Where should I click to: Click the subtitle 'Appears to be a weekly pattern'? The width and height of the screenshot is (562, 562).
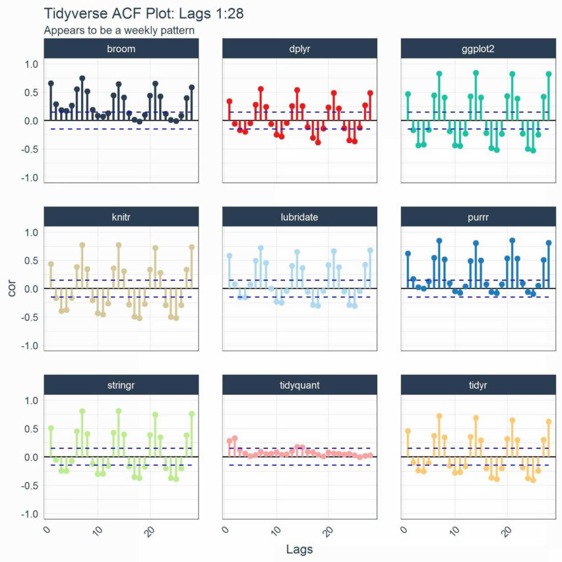click(119, 30)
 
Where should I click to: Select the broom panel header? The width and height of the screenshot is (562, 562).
click(121, 49)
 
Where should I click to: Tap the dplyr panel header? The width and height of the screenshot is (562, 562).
click(300, 49)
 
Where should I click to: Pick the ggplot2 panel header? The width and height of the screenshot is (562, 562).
click(479, 49)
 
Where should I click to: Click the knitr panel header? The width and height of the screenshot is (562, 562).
click(121, 217)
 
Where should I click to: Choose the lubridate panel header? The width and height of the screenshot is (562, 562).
click(300, 217)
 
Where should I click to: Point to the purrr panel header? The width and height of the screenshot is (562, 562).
click(479, 217)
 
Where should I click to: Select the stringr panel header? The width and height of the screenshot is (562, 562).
click(121, 385)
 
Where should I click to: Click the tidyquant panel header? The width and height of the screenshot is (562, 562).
click(300, 385)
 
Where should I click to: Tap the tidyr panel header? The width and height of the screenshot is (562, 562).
click(479, 385)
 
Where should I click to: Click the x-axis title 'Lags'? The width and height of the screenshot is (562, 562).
click(300, 548)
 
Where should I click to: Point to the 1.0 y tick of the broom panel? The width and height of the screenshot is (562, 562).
click(31, 64)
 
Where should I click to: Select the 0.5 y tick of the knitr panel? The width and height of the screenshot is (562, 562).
click(31, 260)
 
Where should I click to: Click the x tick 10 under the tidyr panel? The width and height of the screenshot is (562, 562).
click(454, 530)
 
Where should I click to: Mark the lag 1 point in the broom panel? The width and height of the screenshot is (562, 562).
click(51, 83)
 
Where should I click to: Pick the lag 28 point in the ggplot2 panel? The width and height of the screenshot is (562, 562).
click(549, 74)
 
